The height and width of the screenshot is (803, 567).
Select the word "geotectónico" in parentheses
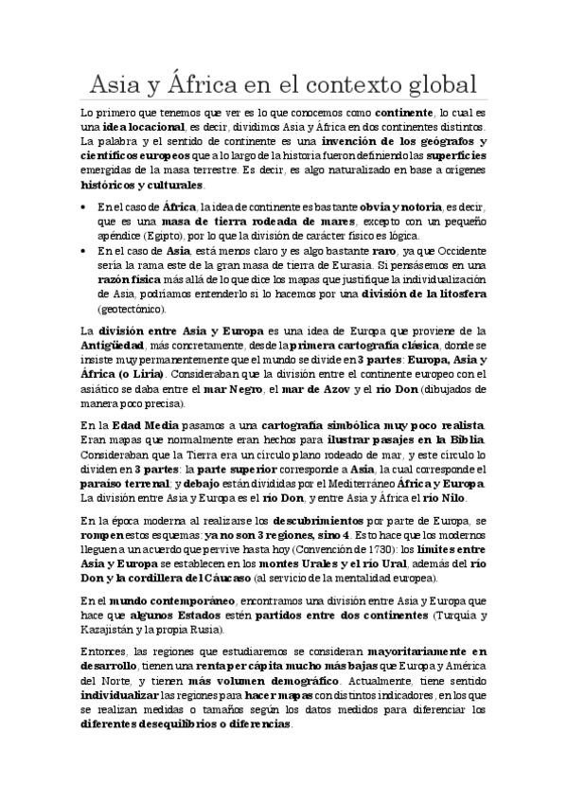pos(131,310)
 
